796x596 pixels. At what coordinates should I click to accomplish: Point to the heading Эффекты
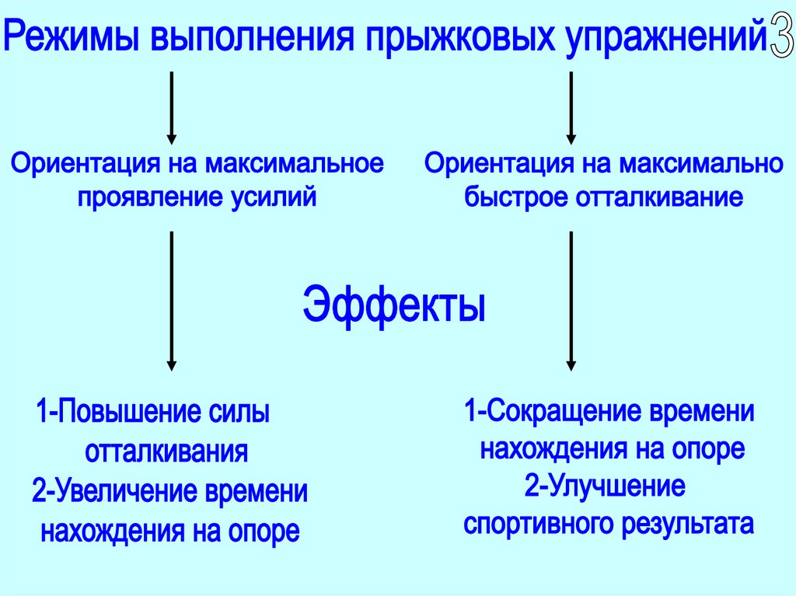[393, 305]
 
